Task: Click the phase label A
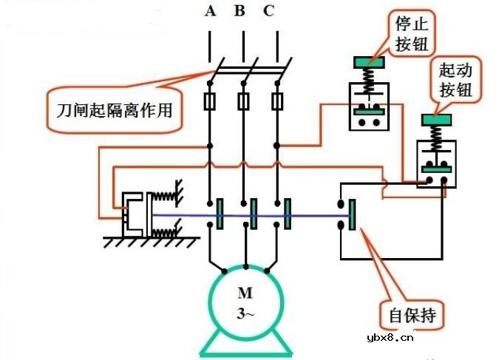click(211, 12)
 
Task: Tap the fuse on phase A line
click(211, 101)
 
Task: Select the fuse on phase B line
click(243, 101)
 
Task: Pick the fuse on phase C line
click(277, 101)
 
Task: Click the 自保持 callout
click(413, 317)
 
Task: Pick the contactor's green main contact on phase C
click(287, 214)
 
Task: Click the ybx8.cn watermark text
click(390, 339)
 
